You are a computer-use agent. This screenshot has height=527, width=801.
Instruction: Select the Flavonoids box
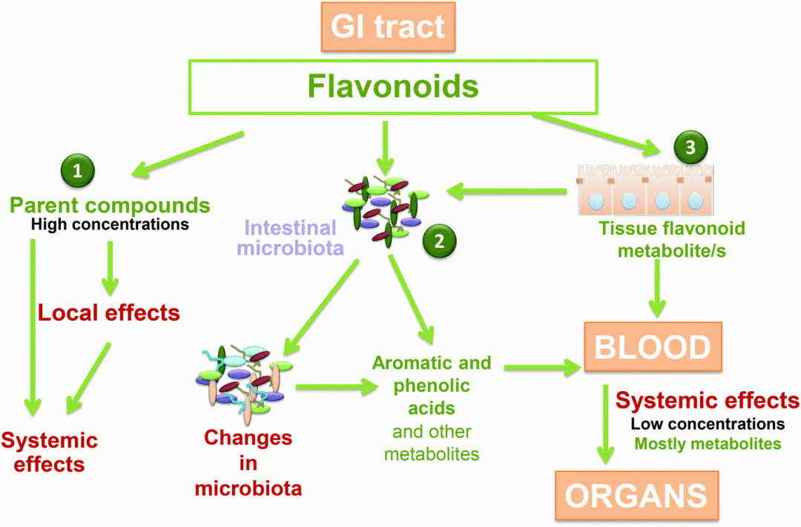(392, 87)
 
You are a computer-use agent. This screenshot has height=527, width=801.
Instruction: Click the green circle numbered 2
(438, 240)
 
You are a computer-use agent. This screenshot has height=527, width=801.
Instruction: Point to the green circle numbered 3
(690, 147)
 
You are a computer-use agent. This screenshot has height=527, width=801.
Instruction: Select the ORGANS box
(638, 495)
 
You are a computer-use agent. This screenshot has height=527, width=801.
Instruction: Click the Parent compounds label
(111, 204)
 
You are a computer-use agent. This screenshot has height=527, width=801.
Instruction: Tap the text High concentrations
(111, 223)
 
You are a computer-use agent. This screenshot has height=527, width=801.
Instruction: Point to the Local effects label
(109, 312)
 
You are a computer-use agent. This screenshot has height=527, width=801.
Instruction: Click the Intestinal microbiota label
(290, 238)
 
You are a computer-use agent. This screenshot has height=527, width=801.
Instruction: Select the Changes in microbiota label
(248, 463)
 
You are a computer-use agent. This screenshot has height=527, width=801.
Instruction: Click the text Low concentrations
(708, 424)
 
